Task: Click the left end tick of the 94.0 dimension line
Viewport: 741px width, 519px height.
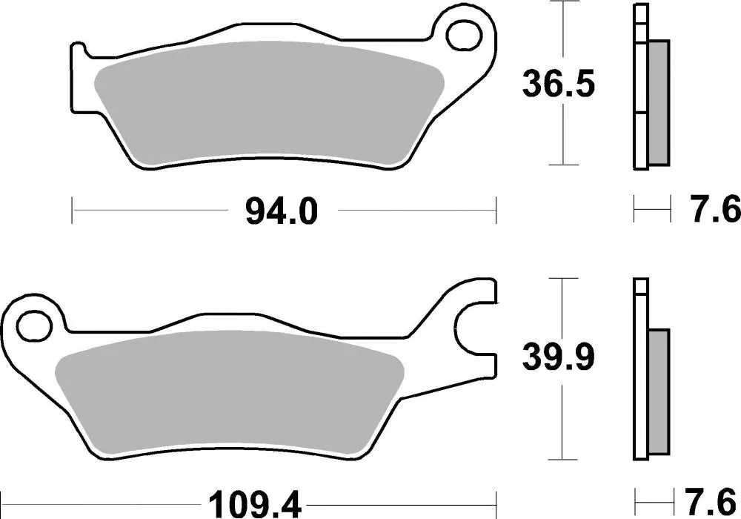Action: click(72, 210)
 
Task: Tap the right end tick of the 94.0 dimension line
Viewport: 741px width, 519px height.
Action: click(495, 210)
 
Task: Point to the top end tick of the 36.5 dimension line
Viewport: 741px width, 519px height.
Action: click(565, 3)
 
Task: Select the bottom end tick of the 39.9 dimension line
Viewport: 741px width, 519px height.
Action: click(565, 460)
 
